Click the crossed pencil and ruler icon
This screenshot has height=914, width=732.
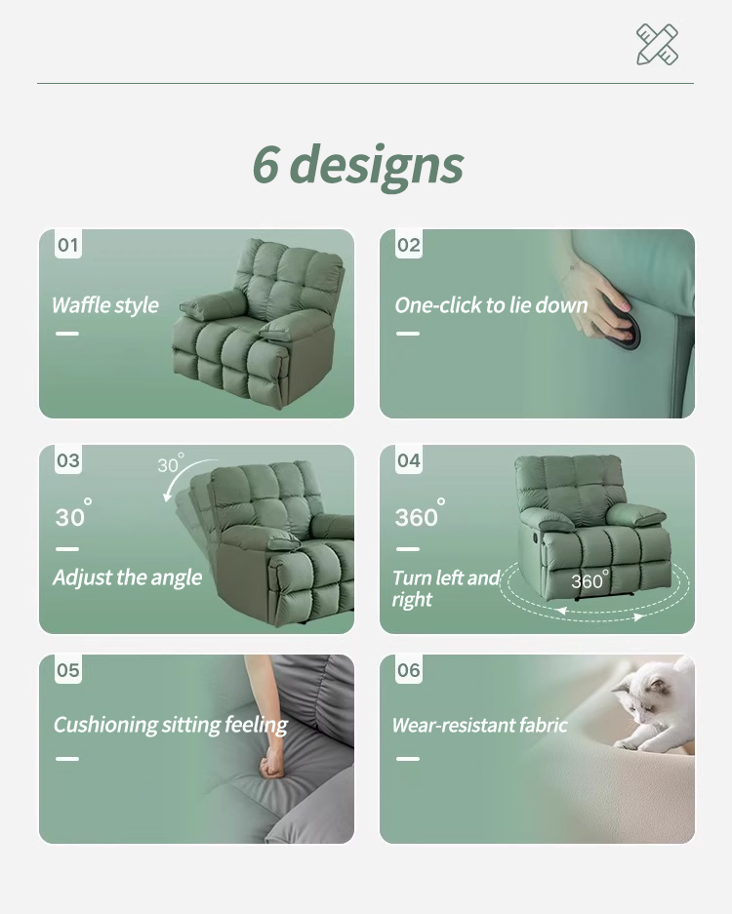tap(658, 44)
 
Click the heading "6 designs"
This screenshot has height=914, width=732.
tap(358, 165)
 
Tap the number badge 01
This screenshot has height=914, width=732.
tap(68, 245)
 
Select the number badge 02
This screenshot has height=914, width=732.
tap(409, 245)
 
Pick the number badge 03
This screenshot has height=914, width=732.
tap(68, 460)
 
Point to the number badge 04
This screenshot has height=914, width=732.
tap(409, 460)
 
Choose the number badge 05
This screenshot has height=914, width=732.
tap(68, 670)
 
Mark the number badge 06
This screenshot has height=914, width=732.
tap(409, 670)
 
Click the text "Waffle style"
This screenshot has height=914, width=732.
tap(105, 305)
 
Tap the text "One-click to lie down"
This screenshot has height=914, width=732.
tap(491, 305)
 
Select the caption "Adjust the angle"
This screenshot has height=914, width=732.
tap(127, 577)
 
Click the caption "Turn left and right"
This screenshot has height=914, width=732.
tap(446, 588)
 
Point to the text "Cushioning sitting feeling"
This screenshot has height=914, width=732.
tap(171, 725)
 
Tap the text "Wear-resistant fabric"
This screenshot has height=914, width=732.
tap(479, 725)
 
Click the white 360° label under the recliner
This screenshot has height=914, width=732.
tap(590, 580)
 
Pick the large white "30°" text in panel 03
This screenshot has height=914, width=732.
tap(73, 513)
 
